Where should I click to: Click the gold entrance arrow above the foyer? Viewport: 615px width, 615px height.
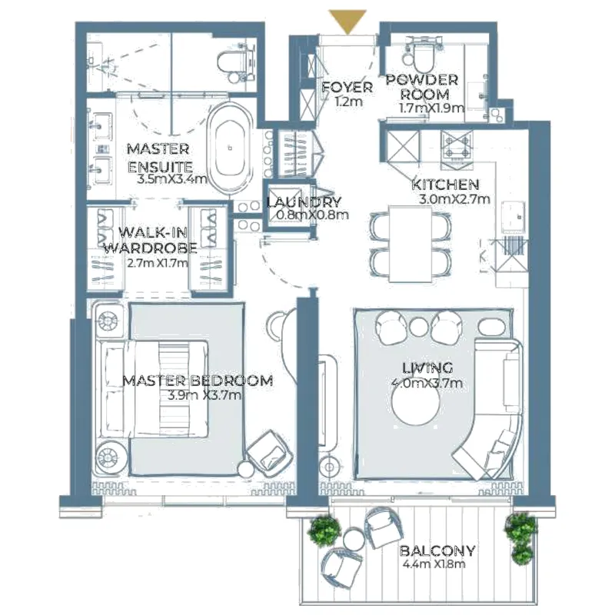347,22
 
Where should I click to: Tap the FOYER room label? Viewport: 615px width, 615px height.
347,87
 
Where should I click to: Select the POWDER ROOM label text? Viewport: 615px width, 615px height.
422,87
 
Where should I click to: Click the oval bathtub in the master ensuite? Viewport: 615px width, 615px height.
230,148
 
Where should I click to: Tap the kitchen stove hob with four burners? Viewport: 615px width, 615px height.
457,145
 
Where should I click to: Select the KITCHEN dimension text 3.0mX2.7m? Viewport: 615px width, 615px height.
454,199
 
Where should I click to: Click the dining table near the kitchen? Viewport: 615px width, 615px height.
411,244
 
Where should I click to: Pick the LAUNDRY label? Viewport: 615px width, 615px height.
304,202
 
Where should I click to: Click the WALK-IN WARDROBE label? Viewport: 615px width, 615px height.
151,241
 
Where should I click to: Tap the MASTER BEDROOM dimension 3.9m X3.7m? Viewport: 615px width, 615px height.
204,394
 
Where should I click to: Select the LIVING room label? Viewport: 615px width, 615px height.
427,368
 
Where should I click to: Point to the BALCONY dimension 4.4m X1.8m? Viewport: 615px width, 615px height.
434,564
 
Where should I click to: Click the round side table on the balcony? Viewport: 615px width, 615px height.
354,539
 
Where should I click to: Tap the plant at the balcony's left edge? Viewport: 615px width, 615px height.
324,530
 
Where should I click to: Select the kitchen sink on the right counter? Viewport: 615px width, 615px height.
513,216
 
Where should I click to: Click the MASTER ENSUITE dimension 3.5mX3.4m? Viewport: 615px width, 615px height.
172,180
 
